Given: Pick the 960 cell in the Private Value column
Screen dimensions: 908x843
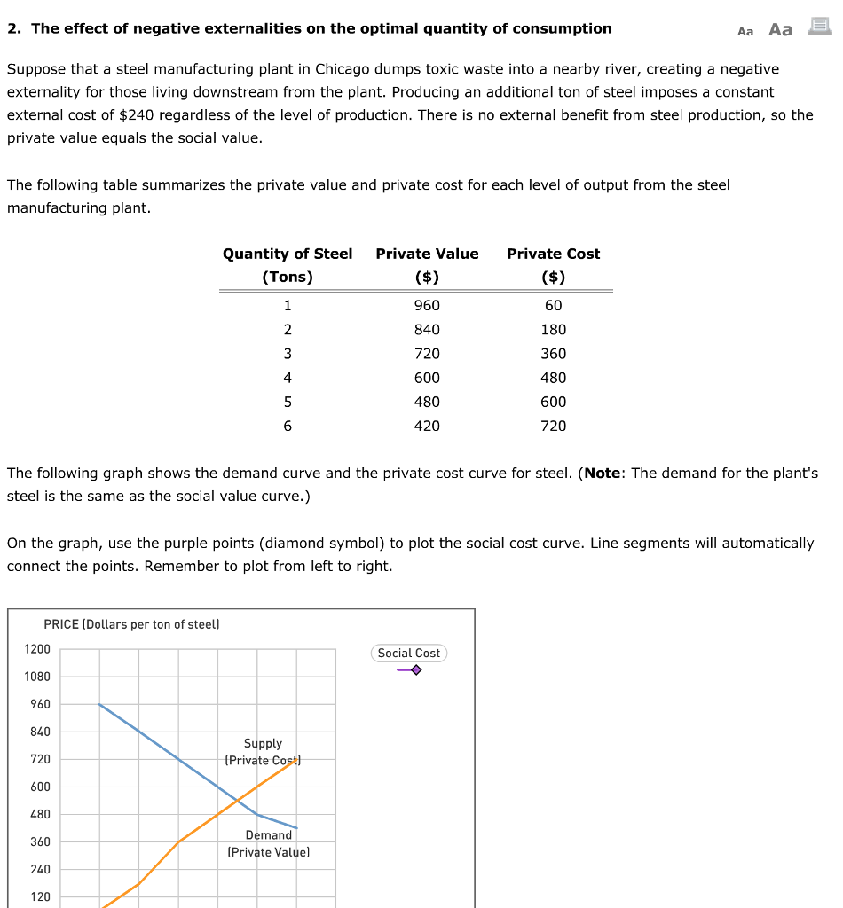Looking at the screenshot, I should pyautogui.click(x=427, y=306).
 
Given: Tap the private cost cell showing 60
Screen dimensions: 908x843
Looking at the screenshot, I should pyautogui.click(x=553, y=306).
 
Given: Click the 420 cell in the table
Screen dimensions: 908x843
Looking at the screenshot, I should pyautogui.click(x=427, y=426).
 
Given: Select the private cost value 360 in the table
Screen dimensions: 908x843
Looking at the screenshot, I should pyautogui.click(x=553, y=354).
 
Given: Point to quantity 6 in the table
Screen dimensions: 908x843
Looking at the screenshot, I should pyautogui.click(x=287, y=426).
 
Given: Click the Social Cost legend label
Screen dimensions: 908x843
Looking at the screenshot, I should pyautogui.click(x=408, y=653).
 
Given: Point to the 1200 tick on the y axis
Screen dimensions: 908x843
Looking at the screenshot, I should pyautogui.click(x=37, y=649).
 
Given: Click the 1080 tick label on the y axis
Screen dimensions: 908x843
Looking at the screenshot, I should pyautogui.click(x=37, y=677).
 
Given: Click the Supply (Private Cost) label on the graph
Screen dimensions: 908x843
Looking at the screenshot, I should pyautogui.click(x=263, y=752).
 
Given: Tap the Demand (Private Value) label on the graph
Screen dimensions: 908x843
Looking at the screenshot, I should pyautogui.click(x=268, y=843).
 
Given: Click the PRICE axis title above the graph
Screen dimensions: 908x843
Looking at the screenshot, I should pyautogui.click(x=130, y=624).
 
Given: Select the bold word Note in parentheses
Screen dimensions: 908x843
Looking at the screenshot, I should pyautogui.click(x=603, y=474).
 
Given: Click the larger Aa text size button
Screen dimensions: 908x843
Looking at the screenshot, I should pyautogui.click(x=780, y=29).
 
